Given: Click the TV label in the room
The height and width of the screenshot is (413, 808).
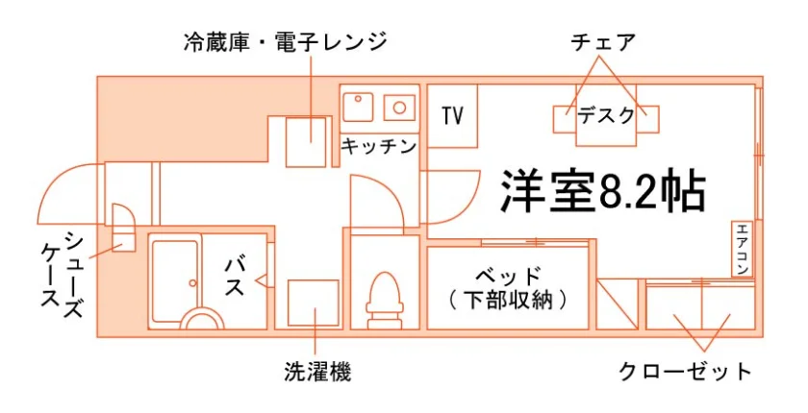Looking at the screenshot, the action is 452,115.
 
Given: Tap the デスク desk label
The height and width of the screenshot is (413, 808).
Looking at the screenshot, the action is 605,115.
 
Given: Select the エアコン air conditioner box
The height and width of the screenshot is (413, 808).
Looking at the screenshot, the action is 742,249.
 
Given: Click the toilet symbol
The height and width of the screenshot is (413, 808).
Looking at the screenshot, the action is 384,300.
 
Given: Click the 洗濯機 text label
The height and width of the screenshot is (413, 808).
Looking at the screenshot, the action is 317,372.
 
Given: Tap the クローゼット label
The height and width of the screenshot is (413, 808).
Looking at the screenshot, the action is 685,371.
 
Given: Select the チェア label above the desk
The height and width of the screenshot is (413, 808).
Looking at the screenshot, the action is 603,42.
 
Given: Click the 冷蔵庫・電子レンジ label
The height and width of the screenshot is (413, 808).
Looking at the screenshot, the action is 285,41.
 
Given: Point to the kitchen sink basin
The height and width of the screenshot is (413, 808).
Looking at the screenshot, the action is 358,107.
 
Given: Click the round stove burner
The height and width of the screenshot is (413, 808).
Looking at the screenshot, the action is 400,108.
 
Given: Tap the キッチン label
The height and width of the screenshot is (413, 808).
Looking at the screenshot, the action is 379,147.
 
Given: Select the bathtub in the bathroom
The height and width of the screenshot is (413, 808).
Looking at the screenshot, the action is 175,281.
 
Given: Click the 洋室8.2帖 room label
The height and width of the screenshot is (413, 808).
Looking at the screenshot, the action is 603,190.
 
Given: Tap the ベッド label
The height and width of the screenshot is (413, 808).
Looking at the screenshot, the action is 508,277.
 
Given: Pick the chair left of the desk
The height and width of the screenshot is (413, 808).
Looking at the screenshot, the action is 565,119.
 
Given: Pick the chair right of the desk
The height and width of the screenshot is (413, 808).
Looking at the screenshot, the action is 647,119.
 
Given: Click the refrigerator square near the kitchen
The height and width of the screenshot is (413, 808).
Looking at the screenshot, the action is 307,142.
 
